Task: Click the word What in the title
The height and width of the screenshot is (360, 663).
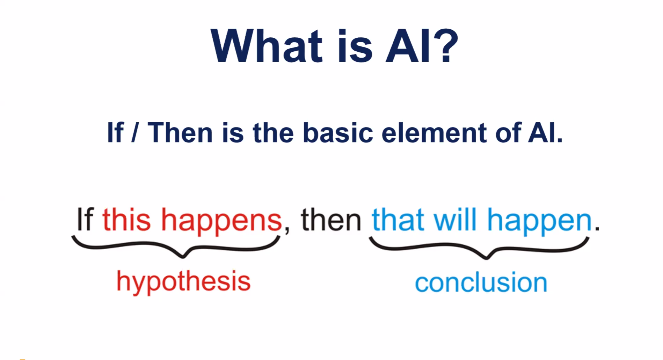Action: click(x=267, y=46)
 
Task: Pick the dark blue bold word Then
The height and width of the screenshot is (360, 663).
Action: click(x=180, y=133)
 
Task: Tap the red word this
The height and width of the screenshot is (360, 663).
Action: click(x=126, y=219)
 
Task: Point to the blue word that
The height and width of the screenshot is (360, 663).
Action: click(x=398, y=220)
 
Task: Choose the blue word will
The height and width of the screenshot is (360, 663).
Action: click(x=455, y=219)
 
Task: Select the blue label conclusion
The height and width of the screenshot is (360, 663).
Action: click(x=481, y=282)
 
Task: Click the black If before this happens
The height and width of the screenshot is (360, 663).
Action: click(x=85, y=219)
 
